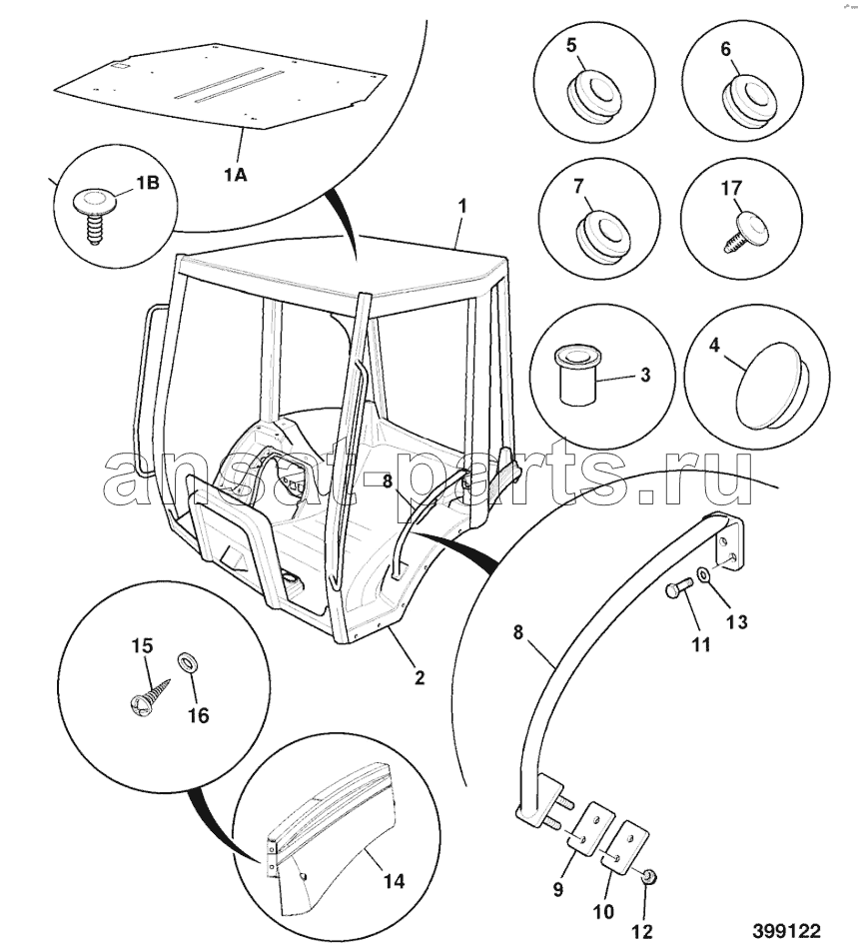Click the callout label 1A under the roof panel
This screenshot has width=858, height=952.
click(235, 175)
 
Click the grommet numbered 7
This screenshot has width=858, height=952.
click(600, 237)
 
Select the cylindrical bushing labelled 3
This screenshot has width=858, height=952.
click(577, 375)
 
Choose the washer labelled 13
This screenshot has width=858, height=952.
click(702, 573)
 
